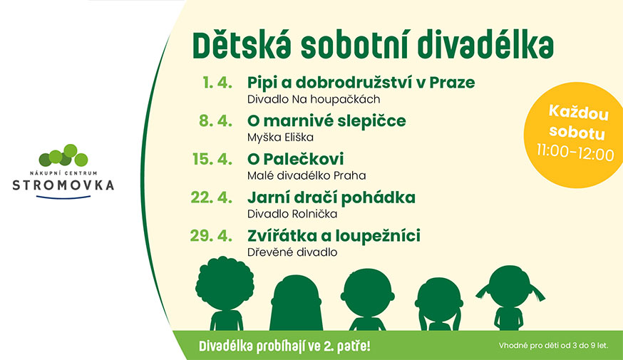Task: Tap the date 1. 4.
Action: pyautogui.click(x=217, y=83)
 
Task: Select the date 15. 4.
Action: pyautogui.click(x=212, y=159)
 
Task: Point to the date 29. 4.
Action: pyautogui.click(x=211, y=236)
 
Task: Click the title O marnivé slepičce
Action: pyautogui.click(x=326, y=120)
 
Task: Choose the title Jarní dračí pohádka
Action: pyautogui.click(x=331, y=197)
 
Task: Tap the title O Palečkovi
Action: pyautogui.click(x=295, y=159)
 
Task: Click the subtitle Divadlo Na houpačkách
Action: pyautogui.click(x=314, y=99)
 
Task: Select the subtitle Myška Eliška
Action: pyautogui.click(x=280, y=138)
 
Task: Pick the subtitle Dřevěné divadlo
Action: pyautogui.click(x=292, y=252)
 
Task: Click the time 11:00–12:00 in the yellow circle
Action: pyautogui.click(x=575, y=153)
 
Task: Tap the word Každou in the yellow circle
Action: pyautogui.click(x=579, y=113)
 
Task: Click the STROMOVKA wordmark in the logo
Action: pyautogui.click(x=63, y=185)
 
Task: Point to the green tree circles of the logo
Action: pyautogui.click(x=63, y=155)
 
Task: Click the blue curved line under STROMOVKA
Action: pyautogui.click(x=63, y=197)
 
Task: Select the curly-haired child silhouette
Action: pyautogui.click(x=225, y=294)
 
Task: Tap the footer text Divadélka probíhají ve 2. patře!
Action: pyautogui.click(x=284, y=346)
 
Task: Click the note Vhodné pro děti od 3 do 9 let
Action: pyautogui.click(x=553, y=346)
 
